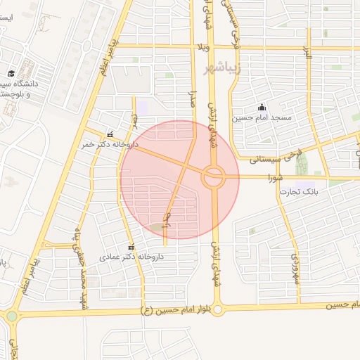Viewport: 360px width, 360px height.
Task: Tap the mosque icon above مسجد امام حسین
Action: (262, 108)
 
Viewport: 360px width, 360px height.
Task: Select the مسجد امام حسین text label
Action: (277, 118)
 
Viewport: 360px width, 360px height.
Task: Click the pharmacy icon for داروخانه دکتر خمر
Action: (109, 135)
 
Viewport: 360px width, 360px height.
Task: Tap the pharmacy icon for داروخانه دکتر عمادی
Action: (131, 247)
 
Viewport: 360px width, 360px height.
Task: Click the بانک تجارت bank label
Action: (300, 191)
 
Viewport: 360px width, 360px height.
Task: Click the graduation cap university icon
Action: (11, 73)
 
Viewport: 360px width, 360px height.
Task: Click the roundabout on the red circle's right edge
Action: (213, 176)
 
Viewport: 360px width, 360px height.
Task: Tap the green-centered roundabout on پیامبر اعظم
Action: (11, 316)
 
